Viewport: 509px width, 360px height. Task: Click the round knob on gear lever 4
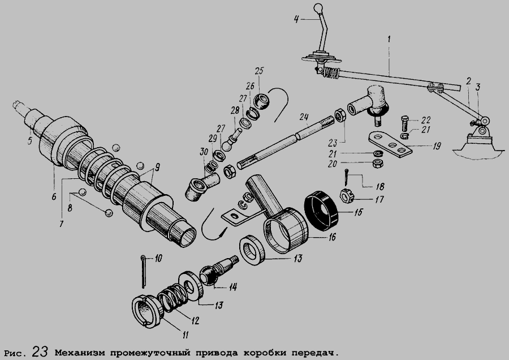[x=318, y=8]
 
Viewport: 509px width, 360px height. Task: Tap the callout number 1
[x=389, y=39]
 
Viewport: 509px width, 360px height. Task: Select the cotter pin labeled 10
[x=143, y=272]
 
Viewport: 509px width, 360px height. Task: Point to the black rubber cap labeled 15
[x=321, y=211]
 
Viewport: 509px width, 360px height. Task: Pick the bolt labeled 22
[x=404, y=123]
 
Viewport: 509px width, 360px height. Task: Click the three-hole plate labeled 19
[x=390, y=143]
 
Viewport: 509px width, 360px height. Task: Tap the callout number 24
[x=304, y=117]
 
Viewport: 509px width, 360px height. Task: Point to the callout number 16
[x=331, y=237]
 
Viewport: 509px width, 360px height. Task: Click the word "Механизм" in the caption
[x=80, y=353]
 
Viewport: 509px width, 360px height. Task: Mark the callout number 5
[x=30, y=141]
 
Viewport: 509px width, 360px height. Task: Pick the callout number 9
[x=157, y=168]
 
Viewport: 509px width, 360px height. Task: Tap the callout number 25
[x=260, y=71]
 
